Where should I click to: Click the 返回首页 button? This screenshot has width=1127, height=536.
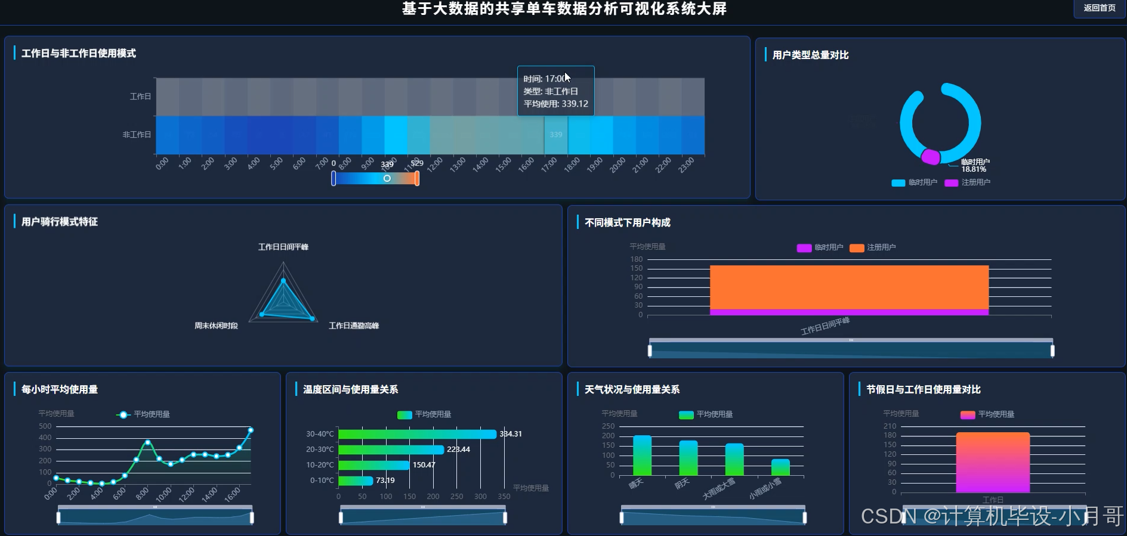[x=1099, y=8]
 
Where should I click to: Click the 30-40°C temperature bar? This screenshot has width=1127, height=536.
[x=417, y=434]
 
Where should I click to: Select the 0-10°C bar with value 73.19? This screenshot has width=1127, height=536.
[x=356, y=481]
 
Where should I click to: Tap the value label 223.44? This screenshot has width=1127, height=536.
[x=458, y=450]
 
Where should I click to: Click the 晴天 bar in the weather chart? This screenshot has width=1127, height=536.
[x=642, y=456]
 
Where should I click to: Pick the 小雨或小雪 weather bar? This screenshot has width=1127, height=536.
[x=780, y=467]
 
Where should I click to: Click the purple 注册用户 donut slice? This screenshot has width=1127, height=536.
[x=930, y=157]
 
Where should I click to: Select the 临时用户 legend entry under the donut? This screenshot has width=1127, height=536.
[x=915, y=182]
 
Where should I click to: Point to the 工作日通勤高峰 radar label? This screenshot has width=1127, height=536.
[x=354, y=326]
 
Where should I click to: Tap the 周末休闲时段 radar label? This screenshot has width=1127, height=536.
[x=216, y=326]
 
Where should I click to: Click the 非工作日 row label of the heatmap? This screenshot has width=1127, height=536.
[x=137, y=135]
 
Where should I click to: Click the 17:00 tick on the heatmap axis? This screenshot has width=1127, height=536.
[x=549, y=164]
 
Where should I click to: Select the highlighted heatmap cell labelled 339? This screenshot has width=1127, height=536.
[x=555, y=135]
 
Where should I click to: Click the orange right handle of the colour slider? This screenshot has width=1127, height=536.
[x=417, y=178]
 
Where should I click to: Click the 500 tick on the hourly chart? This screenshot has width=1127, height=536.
[x=45, y=426]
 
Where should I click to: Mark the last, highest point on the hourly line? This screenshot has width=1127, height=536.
[x=251, y=430]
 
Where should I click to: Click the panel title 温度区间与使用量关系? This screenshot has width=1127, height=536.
[x=350, y=389]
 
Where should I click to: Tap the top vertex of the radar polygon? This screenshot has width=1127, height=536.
[x=283, y=280]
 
